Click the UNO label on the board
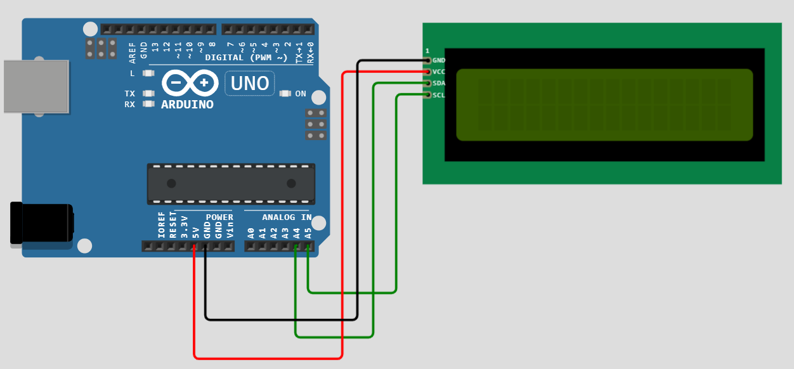pyautogui.click(x=249, y=83)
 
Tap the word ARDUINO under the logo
pyautogui.click(x=187, y=105)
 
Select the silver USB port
pyautogui.click(x=36, y=86)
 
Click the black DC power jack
pyautogui.click(x=42, y=223)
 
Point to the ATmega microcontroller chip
pyautogui.click(x=231, y=184)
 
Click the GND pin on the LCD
pyautogui.click(x=428, y=61)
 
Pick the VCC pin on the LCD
pyautogui.click(x=428, y=72)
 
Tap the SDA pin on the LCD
pyautogui.click(x=428, y=83)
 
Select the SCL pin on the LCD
pyautogui.click(x=428, y=94)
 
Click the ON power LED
pyautogui.click(x=285, y=94)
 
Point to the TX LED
pyautogui.click(x=148, y=93)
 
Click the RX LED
pyautogui.click(x=148, y=104)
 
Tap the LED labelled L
pyautogui.click(x=148, y=74)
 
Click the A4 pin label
pyautogui.click(x=297, y=233)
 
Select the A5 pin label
pyautogui.click(x=308, y=233)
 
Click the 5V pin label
pyautogui.click(x=196, y=233)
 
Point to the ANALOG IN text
pyautogui.click(x=287, y=217)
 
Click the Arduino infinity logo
pyautogui.click(x=190, y=83)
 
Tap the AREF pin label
pyautogui.click(x=133, y=53)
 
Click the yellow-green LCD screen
pyautogui.click(x=604, y=105)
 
